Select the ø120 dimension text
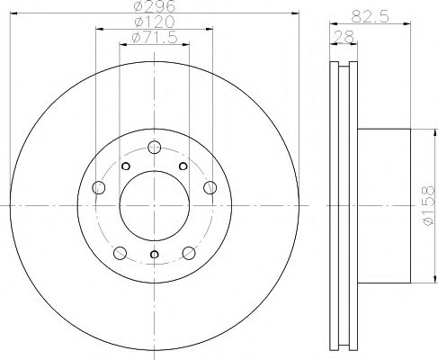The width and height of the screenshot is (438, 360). [154, 21]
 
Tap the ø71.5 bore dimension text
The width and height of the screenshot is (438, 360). [154, 37]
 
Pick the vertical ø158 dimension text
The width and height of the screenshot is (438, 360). [428, 205]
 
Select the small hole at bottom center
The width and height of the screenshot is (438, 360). [155, 256]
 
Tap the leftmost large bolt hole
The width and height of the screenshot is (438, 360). [98, 187]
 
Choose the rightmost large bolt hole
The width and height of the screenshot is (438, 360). [210, 187]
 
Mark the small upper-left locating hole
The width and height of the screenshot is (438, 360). [127, 166]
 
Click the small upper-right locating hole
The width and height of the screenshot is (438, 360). [183, 166]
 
